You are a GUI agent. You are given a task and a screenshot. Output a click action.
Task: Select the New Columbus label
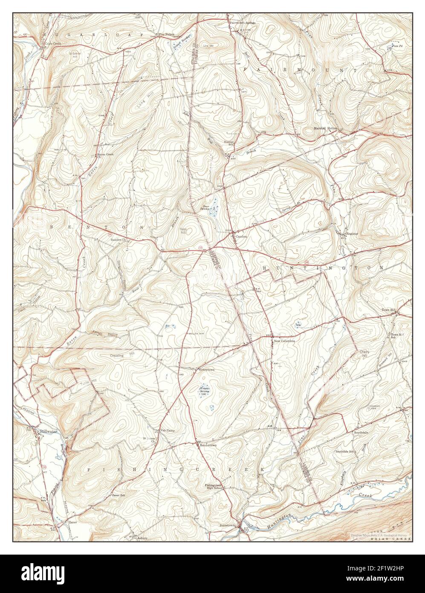(x=284, y=341)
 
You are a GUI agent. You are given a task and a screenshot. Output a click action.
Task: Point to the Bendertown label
(x=208, y=445)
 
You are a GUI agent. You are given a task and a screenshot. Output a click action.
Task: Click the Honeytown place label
(x=206, y=369)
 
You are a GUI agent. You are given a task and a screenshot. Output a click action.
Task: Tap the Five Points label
(x=166, y=34)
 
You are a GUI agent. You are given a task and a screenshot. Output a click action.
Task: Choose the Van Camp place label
(x=167, y=430)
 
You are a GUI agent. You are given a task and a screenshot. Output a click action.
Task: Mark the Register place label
(x=352, y=234)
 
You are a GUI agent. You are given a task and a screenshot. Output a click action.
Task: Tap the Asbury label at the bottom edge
(x=142, y=538)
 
